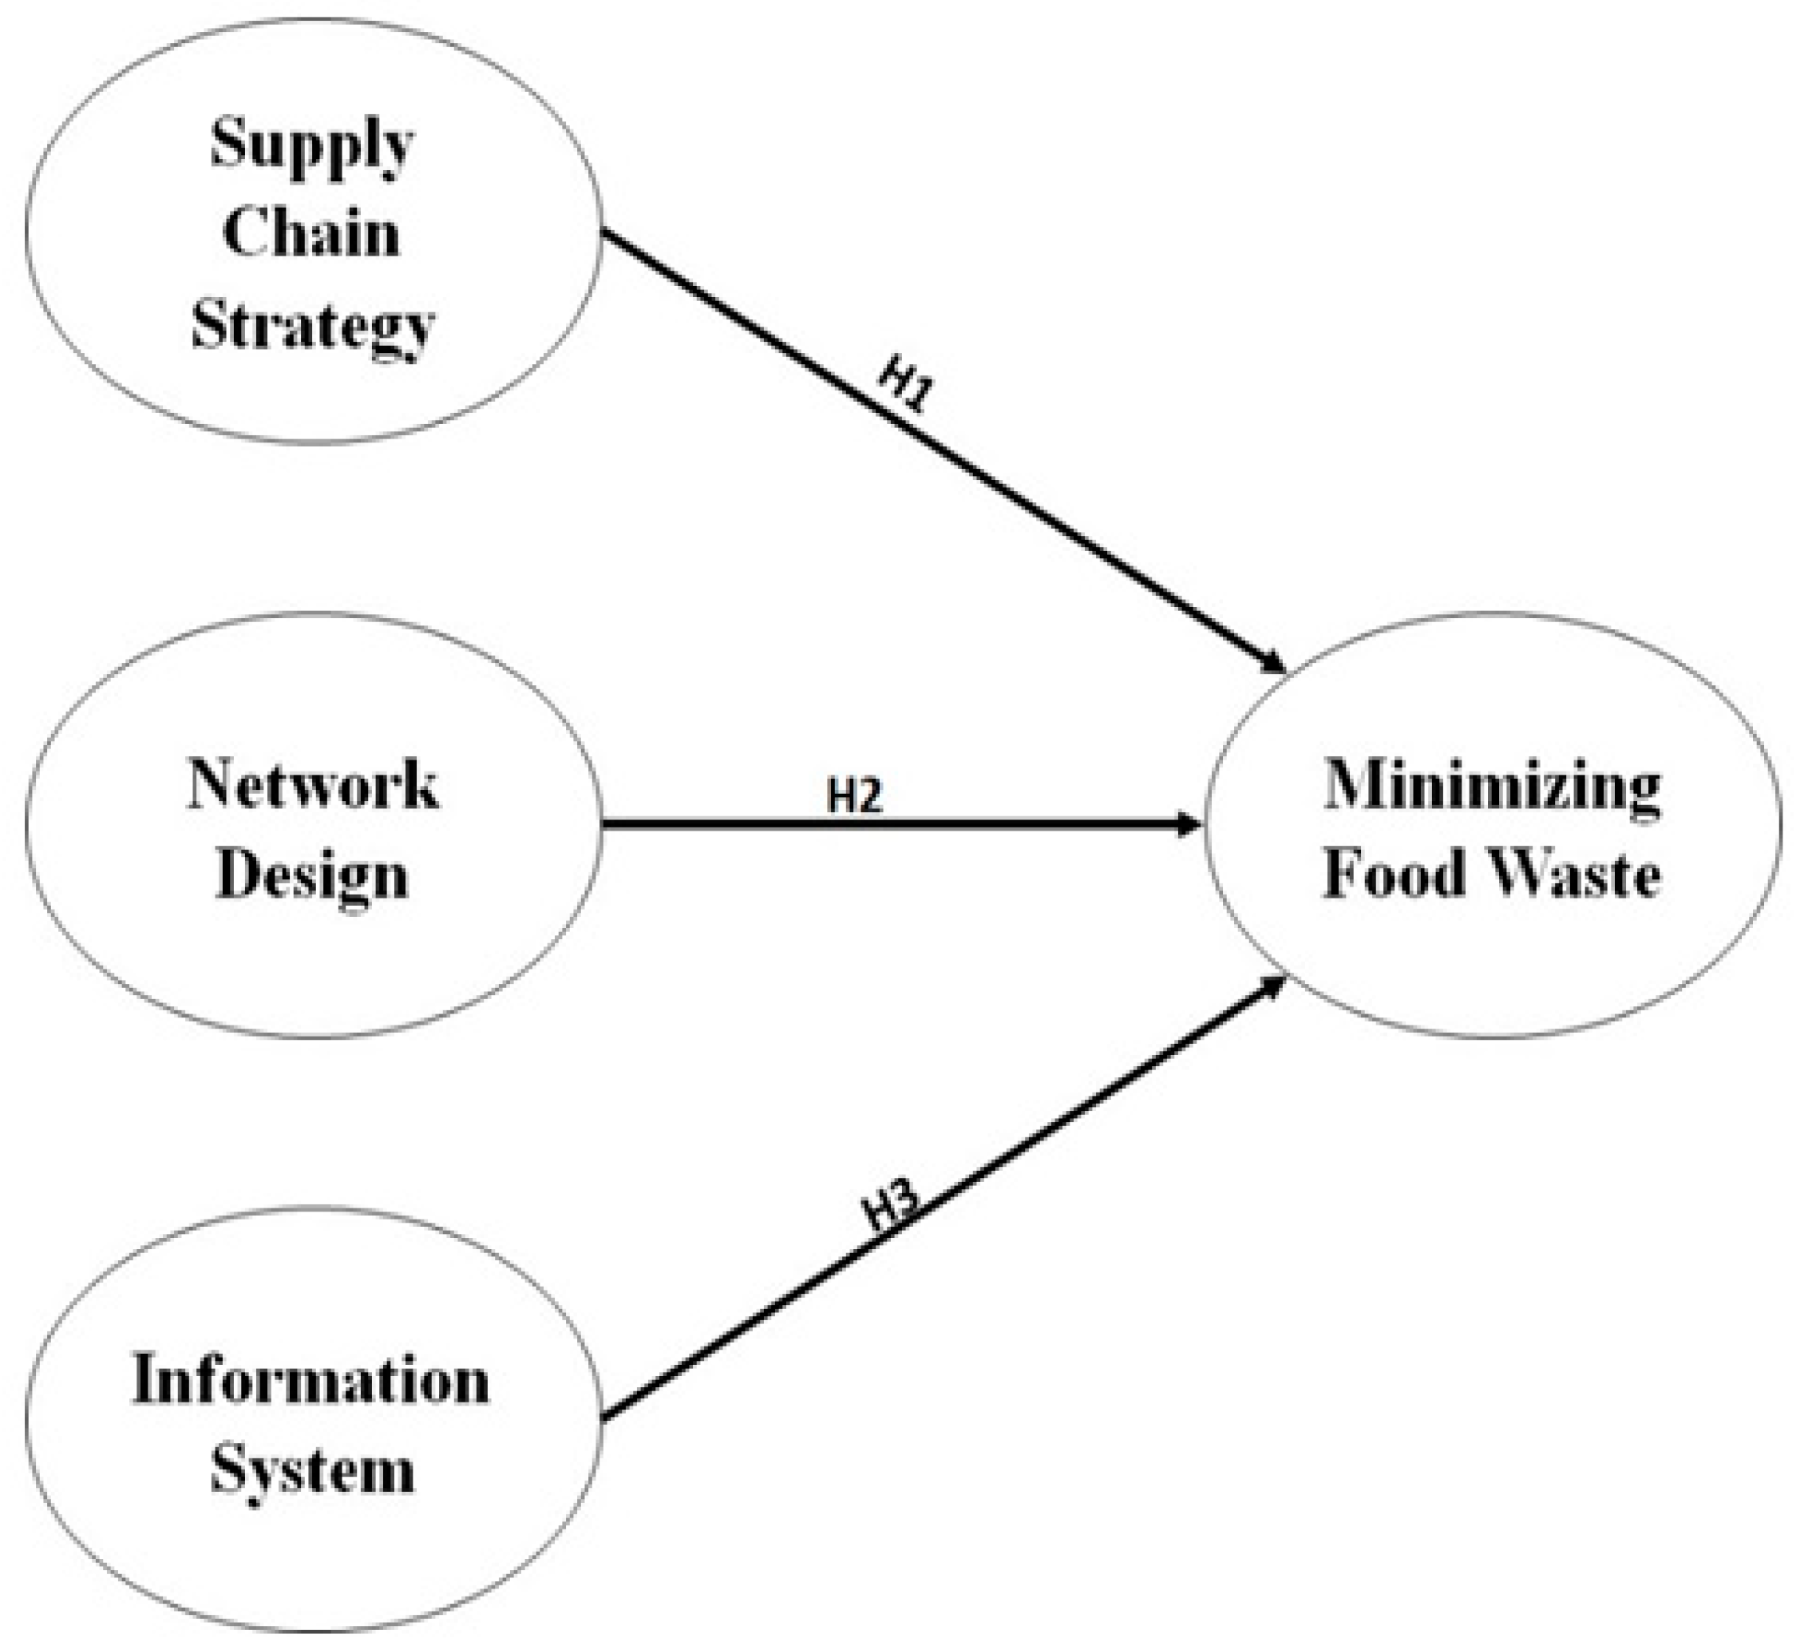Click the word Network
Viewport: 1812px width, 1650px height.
point(313,785)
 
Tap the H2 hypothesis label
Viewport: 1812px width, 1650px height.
point(853,795)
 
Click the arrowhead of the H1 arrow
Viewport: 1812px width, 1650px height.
point(1276,664)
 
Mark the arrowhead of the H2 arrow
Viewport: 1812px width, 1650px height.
point(1191,823)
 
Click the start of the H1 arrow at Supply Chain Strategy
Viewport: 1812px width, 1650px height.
point(604,232)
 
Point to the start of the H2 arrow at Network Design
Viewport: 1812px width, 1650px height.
point(604,823)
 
